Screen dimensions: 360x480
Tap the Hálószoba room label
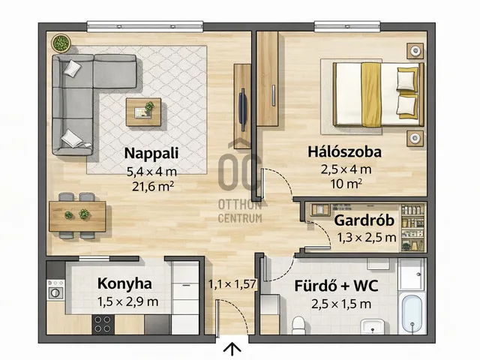(x=344, y=151)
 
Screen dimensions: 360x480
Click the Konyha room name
(x=124, y=283)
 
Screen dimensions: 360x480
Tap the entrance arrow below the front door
(x=233, y=348)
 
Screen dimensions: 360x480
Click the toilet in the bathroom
(x=298, y=323)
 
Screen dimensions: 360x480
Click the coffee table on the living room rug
(x=144, y=110)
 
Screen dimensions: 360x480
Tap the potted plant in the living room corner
(x=61, y=42)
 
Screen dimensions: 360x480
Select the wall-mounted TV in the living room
(x=242, y=107)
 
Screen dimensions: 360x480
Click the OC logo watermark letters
(x=239, y=169)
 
